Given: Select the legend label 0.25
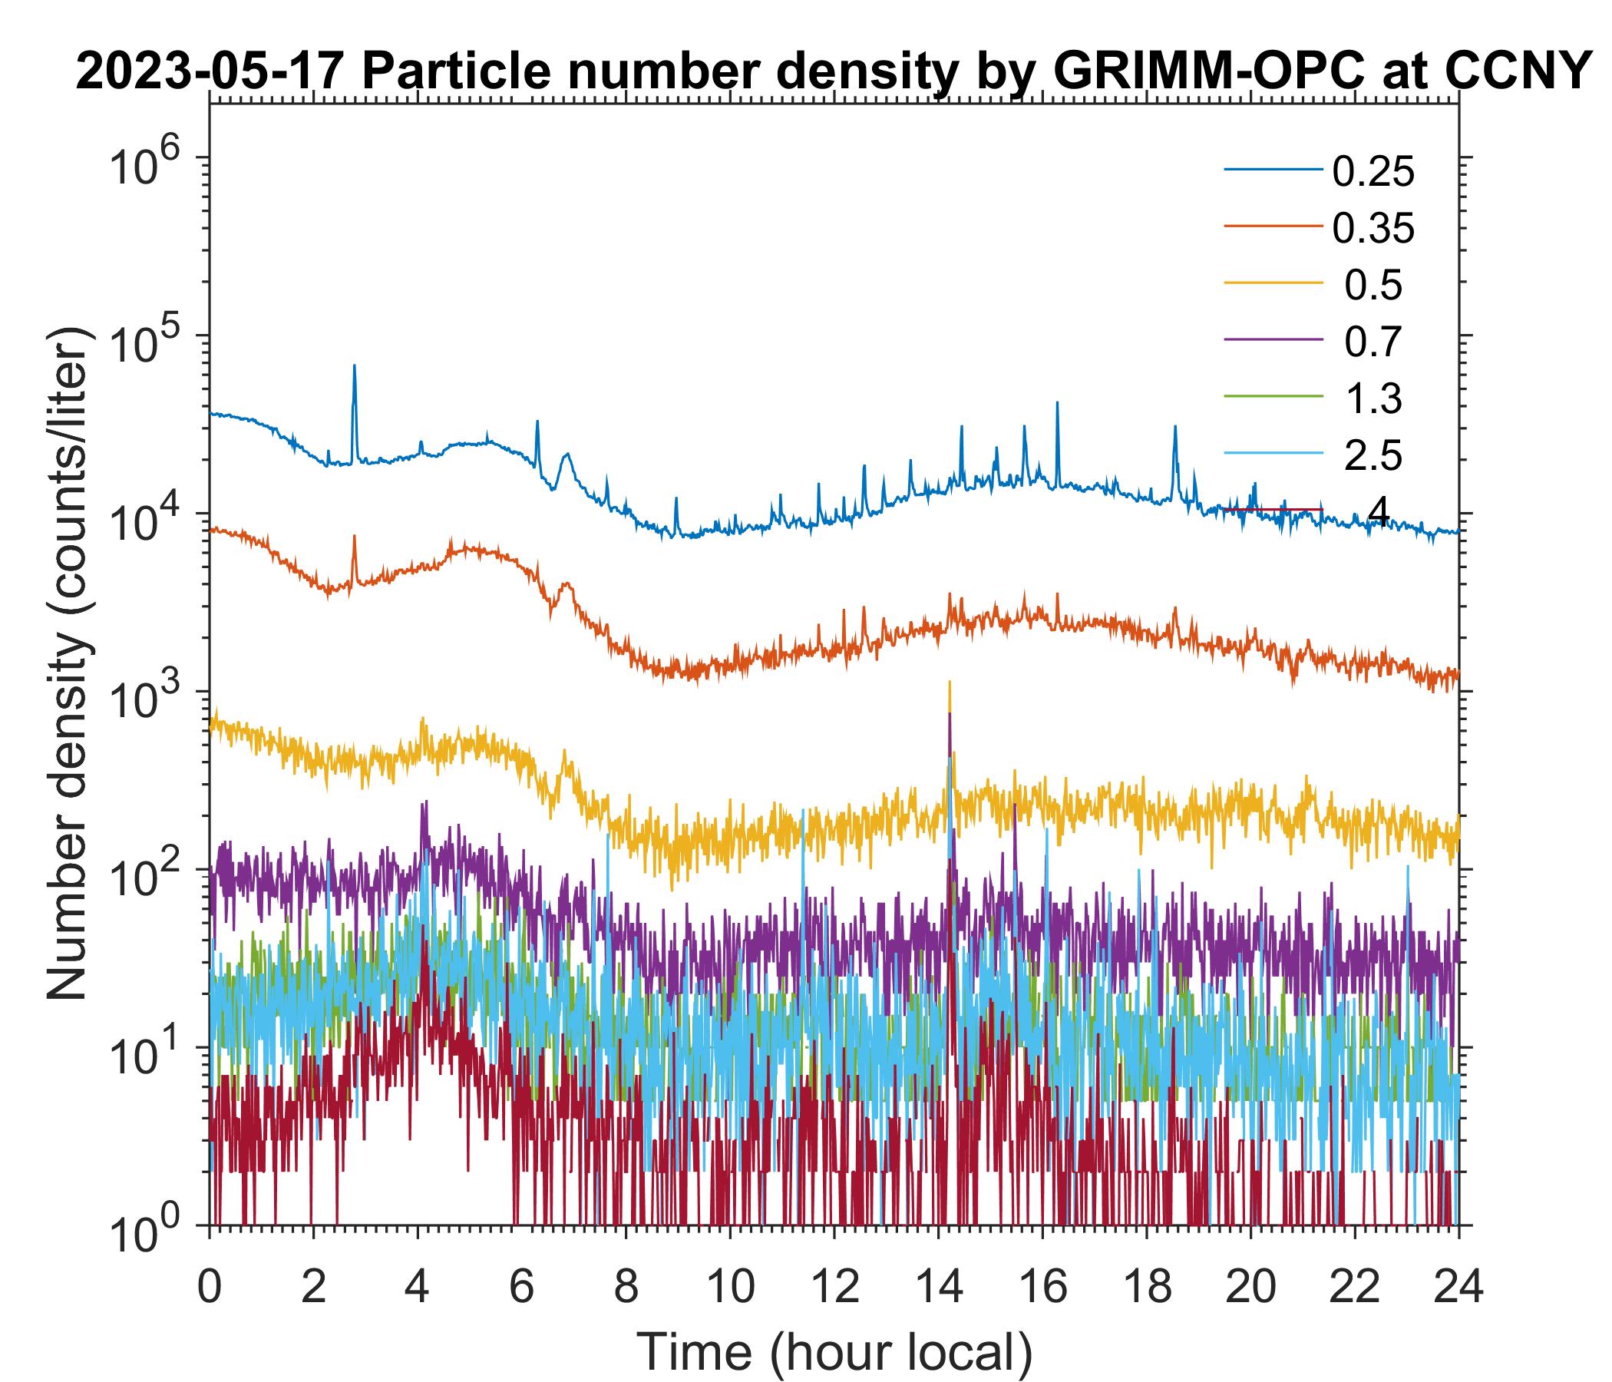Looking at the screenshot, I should point(1373,172).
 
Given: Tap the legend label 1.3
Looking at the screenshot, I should point(1373,398).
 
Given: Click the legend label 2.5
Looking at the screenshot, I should point(1373,455).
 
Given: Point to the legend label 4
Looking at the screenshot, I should point(1378,511).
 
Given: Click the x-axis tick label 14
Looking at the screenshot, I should point(938,1287).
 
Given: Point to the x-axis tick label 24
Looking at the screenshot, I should point(1458,1287).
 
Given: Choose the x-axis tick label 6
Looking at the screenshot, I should point(522,1287).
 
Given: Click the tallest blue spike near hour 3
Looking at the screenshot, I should point(355,365).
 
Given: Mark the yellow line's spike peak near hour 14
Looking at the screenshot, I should point(950,683).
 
